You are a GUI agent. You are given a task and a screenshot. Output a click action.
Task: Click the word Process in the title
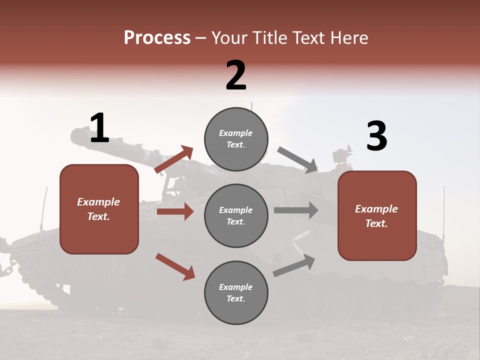tap(157, 38)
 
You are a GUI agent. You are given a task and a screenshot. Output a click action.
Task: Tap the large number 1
tap(99, 128)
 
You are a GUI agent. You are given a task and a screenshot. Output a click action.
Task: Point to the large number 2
tap(236, 75)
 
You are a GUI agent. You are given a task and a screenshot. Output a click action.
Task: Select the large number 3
tap(376, 136)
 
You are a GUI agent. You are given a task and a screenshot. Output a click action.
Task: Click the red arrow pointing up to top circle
tap(174, 159)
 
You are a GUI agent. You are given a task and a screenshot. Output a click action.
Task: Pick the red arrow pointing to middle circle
tap(175, 211)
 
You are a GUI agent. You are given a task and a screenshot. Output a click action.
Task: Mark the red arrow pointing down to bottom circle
tap(175, 266)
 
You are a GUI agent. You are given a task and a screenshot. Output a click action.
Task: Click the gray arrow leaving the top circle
tap(298, 160)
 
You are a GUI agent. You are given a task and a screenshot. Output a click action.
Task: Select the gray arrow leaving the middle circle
tap(296, 210)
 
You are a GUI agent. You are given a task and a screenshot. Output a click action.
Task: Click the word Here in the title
tap(349, 38)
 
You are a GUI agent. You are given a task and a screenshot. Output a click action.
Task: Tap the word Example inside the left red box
tap(98, 202)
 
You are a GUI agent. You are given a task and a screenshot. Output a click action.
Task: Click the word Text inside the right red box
tap(376, 223)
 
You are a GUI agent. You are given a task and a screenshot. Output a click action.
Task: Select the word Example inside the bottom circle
tap(236, 287)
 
